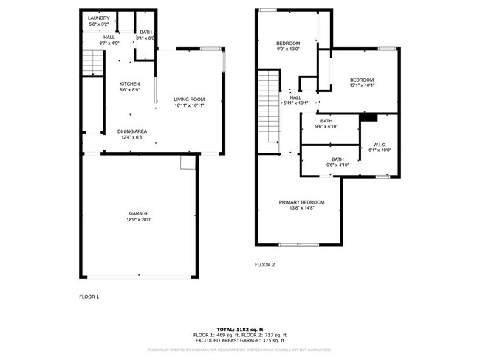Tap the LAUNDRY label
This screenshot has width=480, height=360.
pyautogui.click(x=98, y=18)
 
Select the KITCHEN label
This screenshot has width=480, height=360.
pyautogui.click(x=130, y=83)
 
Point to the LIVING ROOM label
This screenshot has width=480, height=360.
pyautogui.click(x=189, y=99)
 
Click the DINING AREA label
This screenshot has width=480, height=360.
pyautogui.click(x=131, y=131)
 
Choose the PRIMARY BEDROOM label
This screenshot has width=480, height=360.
pyautogui.click(x=301, y=202)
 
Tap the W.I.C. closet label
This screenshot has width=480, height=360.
pyautogui.click(x=379, y=144)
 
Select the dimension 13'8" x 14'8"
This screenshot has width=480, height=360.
pyautogui.click(x=301, y=208)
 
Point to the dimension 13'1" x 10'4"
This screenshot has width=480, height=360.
pyautogui.click(x=362, y=86)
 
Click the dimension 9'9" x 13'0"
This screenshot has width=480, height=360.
pyautogui.click(x=288, y=49)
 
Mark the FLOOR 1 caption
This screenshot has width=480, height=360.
pyautogui.click(x=89, y=297)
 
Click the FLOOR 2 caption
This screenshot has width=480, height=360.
pyautogui.click(x=264, y=264)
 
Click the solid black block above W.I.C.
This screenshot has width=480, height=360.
pyautogui.click(x=368, y=117)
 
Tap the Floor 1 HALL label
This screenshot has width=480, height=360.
pyautogui.click(x=109, y=37)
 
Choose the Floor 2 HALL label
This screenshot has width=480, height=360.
pyautogui.click(x=295, y=97)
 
